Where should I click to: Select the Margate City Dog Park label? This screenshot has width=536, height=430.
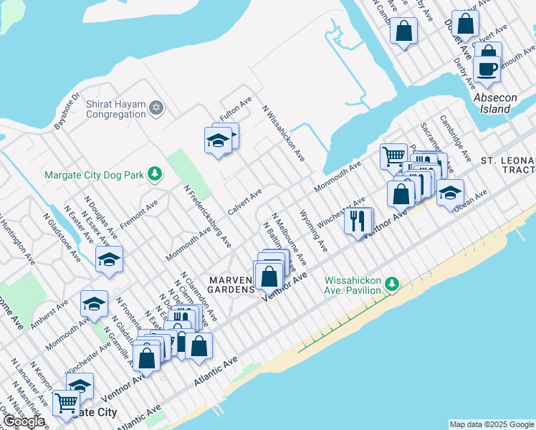[93, 173]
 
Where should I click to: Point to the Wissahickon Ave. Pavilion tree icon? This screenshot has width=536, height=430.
[391, 285]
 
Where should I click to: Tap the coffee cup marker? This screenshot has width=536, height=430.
[487, 70]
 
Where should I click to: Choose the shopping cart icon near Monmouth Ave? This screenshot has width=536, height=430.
[393, 156]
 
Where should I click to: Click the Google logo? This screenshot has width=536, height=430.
[24, 421]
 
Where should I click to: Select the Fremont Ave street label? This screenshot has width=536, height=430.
[139, 214]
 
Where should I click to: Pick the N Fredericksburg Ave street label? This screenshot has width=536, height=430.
[208, 216]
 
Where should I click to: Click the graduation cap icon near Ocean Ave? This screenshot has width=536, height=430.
[450, 192]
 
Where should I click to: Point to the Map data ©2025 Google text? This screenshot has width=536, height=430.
[492, 424]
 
